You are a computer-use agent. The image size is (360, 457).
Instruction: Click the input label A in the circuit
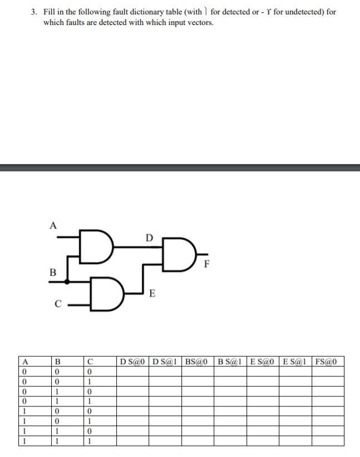pyautogui.click(x=53, y=225)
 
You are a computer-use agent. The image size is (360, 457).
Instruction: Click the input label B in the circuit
pyautogui.click(x=53, y=272)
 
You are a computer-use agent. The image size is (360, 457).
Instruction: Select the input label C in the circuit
pyautogui.click(x=56, y=304)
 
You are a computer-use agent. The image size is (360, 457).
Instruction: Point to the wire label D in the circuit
pyautogui.click(x=148, y=238)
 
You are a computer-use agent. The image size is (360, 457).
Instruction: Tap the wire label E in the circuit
pyautogui.click(x=152, y=292)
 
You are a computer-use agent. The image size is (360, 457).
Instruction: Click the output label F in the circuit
pyautogui.click(x=206, y=264)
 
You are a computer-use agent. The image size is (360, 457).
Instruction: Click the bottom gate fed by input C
pyautogui.click(x=104, y=294)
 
